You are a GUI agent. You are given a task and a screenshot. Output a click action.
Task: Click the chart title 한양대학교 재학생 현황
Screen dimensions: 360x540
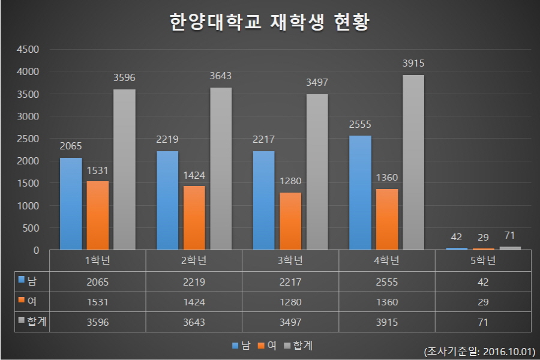(x=270, y=23)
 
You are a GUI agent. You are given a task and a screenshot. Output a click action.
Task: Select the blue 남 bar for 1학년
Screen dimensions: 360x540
(x=71, y=204)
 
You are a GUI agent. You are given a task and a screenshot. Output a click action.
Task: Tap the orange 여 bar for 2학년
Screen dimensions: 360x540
(x=194, y=218)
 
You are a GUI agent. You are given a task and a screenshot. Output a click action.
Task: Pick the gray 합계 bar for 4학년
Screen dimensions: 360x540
(x=413, y=163)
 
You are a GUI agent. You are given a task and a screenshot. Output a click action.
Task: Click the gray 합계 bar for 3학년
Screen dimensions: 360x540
(x=317, y=172)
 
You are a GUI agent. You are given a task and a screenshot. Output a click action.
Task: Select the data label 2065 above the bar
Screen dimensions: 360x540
(x=71, y=146)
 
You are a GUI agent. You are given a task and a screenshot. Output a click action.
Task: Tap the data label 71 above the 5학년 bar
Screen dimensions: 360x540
(x=510, y=235)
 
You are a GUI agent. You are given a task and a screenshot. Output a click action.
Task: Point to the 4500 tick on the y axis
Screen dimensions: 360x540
(x=28, y=49)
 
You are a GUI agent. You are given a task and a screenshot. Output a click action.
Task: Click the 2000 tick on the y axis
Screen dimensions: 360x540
(x=28, y=161)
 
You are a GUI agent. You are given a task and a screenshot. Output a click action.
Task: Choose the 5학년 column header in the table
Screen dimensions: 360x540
(x=484, y=260)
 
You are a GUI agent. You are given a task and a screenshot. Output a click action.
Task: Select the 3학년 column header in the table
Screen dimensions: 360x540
(x=290, y=260)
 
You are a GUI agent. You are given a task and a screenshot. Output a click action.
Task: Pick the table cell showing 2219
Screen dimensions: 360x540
(x=194, y=281)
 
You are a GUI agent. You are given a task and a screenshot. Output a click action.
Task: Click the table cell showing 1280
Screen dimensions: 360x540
(x=290, y=301)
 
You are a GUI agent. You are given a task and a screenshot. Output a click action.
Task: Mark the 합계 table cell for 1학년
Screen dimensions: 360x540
(x=97, y=322)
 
